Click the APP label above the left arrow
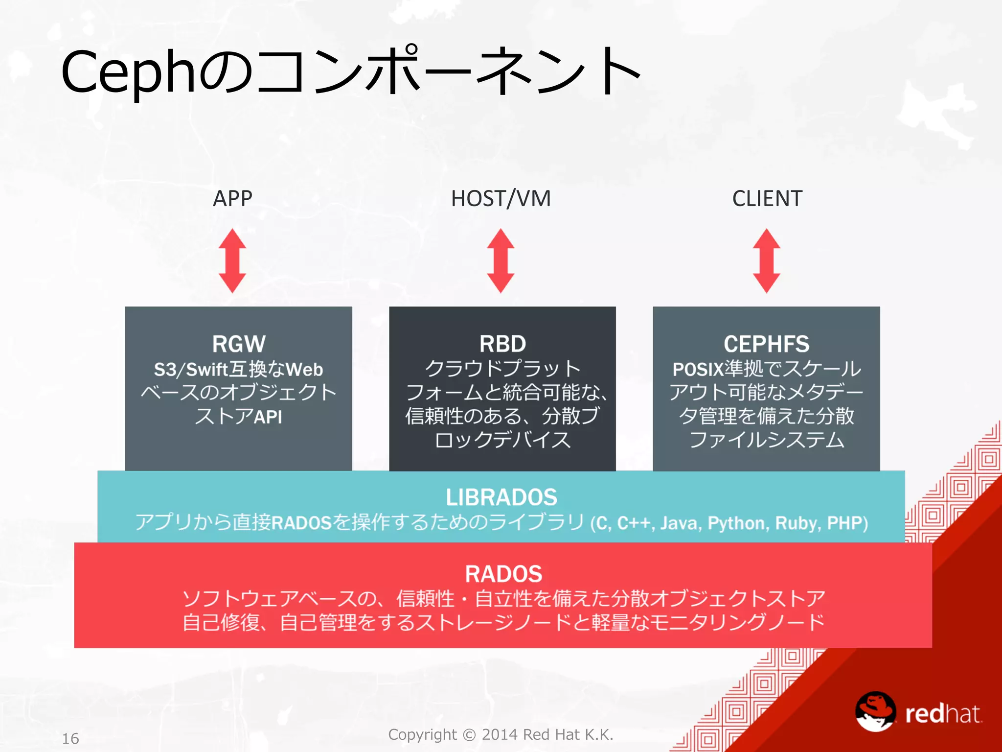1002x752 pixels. coord(232,199)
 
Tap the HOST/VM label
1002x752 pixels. coord(501,199)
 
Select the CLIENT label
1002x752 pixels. coord(767,199)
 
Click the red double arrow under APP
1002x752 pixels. coord(232,260)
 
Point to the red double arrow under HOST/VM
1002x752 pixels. coord(501,260)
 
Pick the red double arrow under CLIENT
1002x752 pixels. coord(766,260)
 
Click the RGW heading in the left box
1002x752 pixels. coord(239,344)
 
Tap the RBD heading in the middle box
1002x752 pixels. coord(502,344)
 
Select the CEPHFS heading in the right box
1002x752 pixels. coord(766,344)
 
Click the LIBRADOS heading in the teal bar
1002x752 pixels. coord(501,497)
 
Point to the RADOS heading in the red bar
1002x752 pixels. coord(503,574)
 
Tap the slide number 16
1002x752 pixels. coord(70,738)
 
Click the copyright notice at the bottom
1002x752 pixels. coord(501,734)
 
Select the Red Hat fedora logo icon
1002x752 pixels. coord(875,711)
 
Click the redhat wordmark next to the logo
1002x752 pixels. coord(943,714)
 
